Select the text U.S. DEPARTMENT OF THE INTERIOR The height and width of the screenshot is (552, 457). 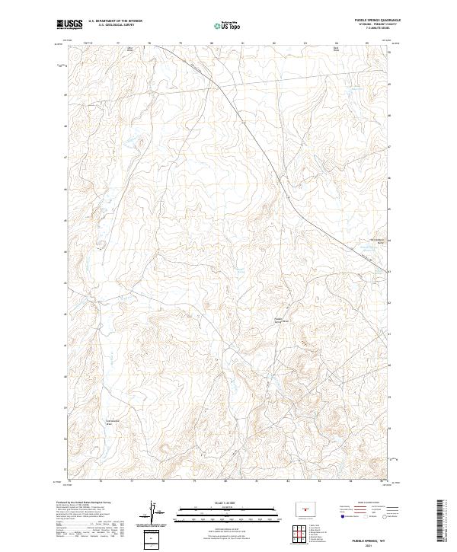pos(115,22)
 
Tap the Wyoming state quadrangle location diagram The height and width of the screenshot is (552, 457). pos(312,509)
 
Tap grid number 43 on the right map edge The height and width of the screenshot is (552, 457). pos(391,271)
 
